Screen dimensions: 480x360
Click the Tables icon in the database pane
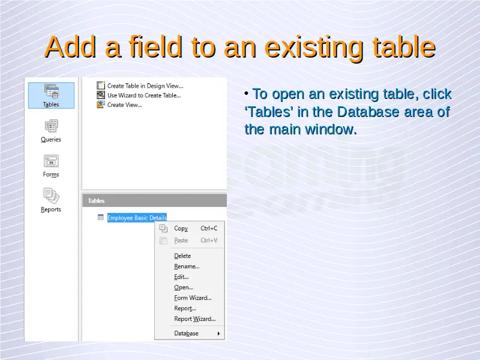[51, 92]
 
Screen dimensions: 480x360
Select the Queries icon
[51, 126]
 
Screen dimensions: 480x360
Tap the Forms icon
[51, 161]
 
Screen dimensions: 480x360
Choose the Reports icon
[51, 196]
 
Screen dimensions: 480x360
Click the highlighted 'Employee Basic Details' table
[137, 218]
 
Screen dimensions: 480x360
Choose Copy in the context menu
[181, 229]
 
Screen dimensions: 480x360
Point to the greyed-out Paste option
[181, 241]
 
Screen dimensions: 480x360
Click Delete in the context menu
[182, 256]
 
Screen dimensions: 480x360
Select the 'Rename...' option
[187, 266]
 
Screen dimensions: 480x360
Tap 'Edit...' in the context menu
[181, 277]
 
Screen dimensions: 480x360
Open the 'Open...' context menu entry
[184, 287]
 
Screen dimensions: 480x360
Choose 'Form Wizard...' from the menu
[193, 298]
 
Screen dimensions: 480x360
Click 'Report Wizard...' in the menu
[194, 319]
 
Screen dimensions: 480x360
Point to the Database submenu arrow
[218, 334]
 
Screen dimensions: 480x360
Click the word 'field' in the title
[156, 47]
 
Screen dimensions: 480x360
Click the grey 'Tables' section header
[155, 200]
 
